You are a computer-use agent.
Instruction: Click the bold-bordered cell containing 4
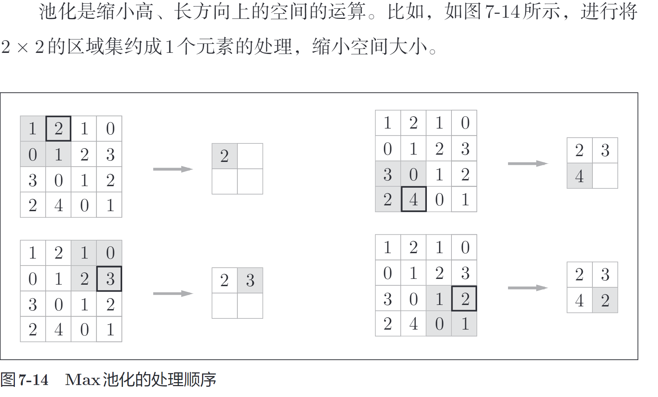point(413,199)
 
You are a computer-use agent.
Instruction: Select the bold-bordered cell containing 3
point(109,279)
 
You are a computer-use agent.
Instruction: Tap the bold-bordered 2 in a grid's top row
point(58,129)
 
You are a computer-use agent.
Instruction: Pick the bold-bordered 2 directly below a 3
point(464,298)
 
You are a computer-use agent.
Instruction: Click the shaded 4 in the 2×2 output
point(579,176)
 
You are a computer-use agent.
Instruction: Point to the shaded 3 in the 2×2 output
point(250,280)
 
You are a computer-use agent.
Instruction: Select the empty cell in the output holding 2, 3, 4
point(605,176)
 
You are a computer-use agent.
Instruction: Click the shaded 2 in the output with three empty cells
point(225,156)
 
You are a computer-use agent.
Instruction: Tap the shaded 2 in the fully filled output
point(605,300)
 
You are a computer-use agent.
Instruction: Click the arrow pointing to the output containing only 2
point(173,169)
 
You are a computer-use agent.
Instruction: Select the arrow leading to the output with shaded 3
point(173,293)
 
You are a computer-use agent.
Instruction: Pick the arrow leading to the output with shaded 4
point(528,164)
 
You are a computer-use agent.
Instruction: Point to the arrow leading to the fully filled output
point(528,288)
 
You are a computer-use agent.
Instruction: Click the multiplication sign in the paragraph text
point(22,48)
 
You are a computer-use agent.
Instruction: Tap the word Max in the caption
point(82,380)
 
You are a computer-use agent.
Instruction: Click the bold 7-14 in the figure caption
point(33,380)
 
